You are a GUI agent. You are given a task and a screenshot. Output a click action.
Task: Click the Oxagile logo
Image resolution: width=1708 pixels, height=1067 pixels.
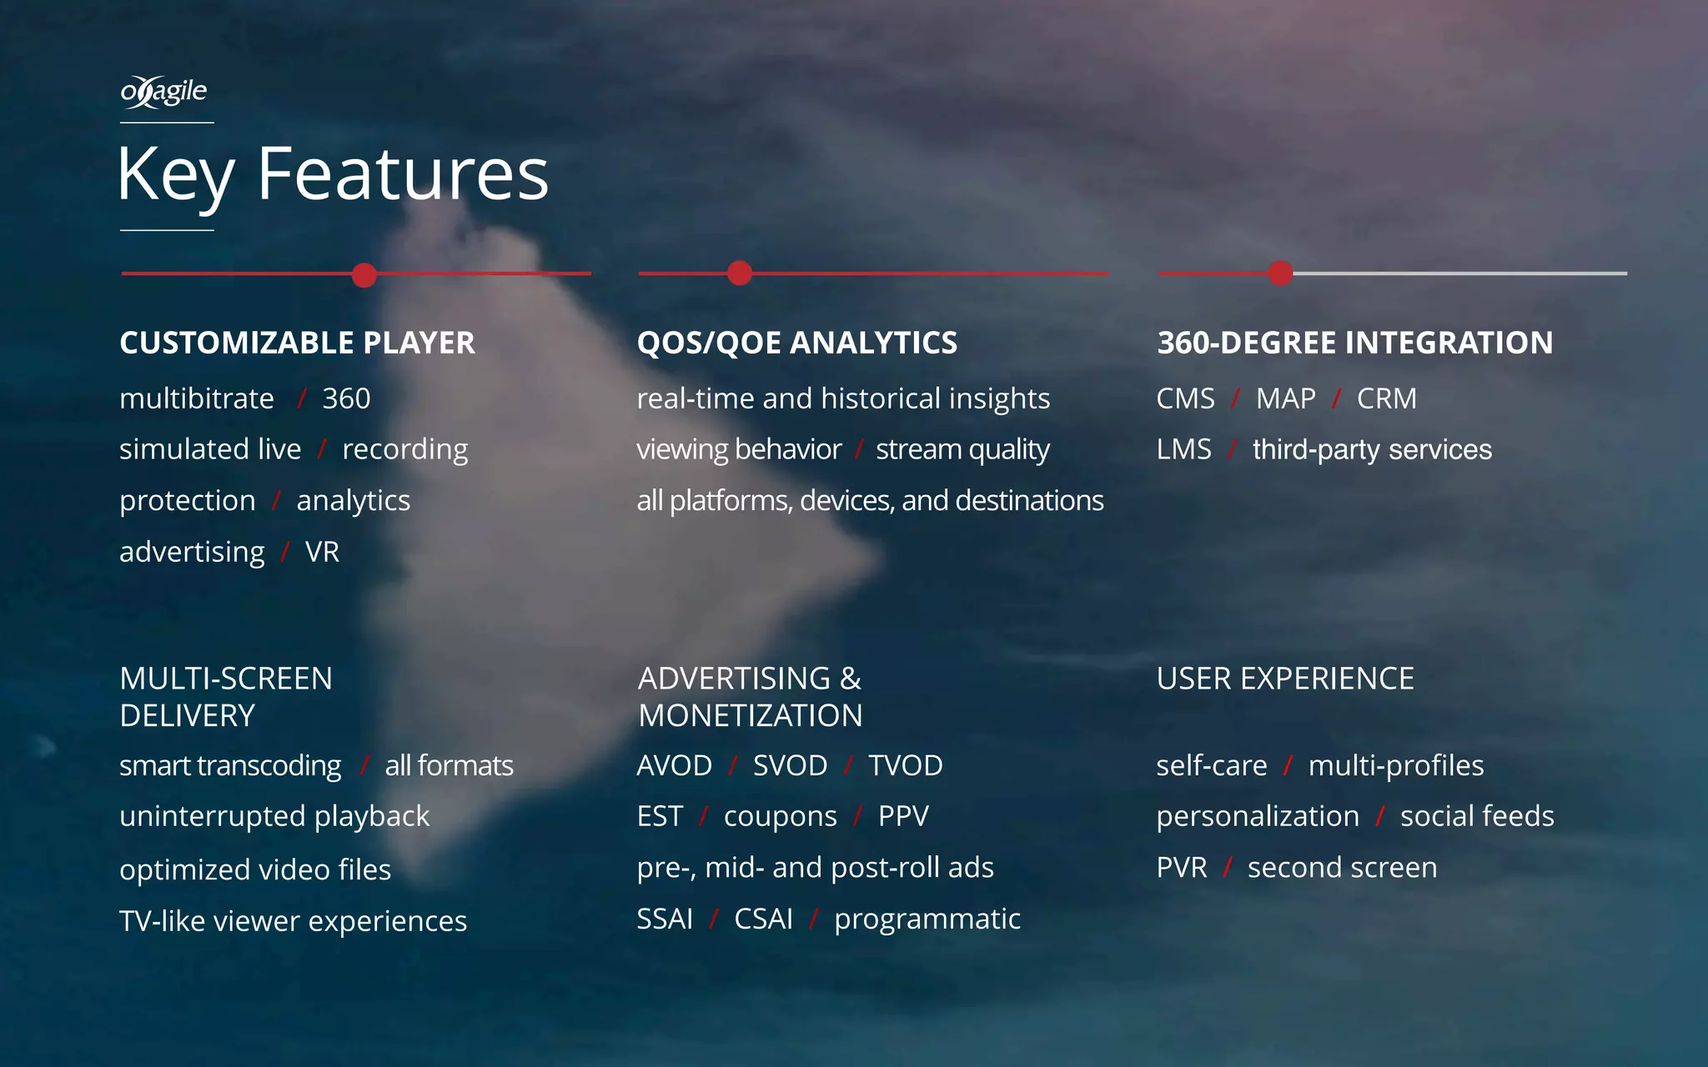point(163,92)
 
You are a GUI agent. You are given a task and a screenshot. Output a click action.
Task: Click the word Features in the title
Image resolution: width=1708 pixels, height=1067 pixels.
point(402,174)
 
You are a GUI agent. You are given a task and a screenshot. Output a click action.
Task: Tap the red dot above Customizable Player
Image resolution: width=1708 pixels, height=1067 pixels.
point(364,274)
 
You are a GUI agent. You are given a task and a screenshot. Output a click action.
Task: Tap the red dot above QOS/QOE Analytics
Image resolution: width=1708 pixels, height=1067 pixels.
point(739,273)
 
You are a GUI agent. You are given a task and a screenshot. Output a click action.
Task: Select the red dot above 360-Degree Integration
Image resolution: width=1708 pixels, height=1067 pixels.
point(1280,273)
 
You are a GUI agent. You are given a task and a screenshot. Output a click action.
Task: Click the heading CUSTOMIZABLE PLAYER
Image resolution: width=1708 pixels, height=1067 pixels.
point(297,343)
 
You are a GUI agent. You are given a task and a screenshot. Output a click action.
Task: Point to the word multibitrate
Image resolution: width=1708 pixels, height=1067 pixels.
point(197,398)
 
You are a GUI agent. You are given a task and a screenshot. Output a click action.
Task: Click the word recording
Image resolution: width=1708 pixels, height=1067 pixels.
point(404,449)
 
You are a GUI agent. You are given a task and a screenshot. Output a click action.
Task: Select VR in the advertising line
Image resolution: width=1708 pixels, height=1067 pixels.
point(322,552)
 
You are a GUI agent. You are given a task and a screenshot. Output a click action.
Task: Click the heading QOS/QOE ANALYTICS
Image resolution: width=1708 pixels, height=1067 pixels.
point(796,343)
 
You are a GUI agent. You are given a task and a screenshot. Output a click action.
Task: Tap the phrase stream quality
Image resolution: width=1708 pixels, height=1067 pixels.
point(962,449)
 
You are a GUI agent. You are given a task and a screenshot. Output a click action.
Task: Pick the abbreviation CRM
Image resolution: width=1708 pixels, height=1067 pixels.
point(1386,398)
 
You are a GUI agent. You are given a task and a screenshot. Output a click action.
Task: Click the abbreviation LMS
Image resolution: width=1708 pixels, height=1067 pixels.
point(1183,449)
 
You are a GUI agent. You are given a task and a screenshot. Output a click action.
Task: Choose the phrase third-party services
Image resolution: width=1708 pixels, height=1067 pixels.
point(1371,449)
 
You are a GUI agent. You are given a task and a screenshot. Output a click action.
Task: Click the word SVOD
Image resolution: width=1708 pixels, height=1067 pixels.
point(790,765)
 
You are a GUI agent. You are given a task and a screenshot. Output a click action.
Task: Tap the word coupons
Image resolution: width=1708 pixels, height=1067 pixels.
point(780,816)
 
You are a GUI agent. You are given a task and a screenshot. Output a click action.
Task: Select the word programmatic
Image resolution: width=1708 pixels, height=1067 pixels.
point(927,919)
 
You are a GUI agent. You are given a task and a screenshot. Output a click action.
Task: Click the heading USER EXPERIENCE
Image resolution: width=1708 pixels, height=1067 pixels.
point(1284,679)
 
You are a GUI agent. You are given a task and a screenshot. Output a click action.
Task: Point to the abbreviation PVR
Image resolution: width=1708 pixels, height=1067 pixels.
point(1181,868)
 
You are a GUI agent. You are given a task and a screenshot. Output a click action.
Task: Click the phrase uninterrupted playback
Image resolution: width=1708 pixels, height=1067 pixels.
point(274,816)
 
